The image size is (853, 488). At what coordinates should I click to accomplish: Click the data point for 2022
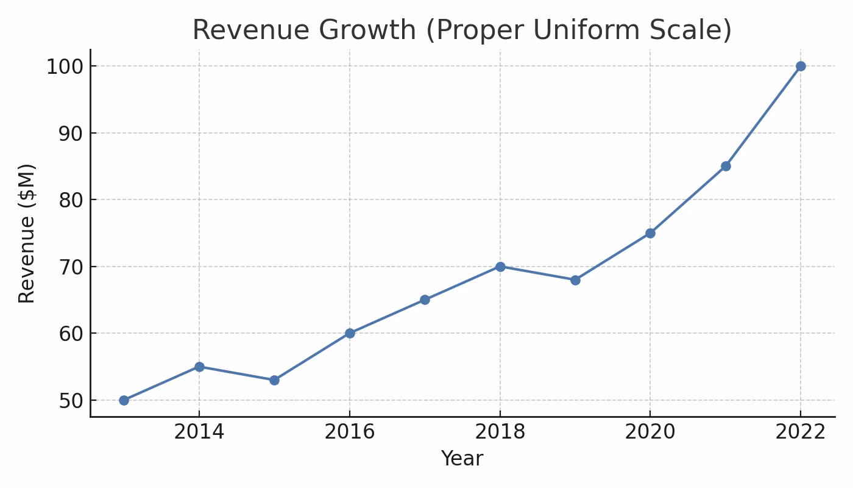(x=801, y=66)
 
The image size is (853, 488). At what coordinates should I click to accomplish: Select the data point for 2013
(x=124, y=400)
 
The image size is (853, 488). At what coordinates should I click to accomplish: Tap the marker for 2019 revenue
(x=575, y=280)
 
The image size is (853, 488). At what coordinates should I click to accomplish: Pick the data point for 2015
(x=274, y=380)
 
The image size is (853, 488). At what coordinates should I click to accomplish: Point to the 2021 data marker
(x=726, y=166)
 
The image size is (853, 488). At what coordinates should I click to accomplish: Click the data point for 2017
(x=425, y=300)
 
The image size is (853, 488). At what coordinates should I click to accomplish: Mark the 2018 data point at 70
(x=500, y=267)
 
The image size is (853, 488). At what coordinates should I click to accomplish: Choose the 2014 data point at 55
(x=199, y=367)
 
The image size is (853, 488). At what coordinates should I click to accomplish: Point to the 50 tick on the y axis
(x=71, y=401)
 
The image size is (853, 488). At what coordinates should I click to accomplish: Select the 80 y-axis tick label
(x=71, y=200)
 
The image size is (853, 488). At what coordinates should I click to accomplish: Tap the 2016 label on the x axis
(x=349, y=432)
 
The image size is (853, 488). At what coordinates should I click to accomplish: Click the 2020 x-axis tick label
(x=650, y=432)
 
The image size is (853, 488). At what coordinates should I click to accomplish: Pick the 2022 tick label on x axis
(x=801, y=432)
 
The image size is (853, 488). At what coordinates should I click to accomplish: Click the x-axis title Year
(x=462, y=459)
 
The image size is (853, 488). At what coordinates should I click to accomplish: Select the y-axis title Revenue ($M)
(x=27, y=233)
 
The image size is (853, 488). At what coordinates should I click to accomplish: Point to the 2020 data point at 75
(x=650, y=233)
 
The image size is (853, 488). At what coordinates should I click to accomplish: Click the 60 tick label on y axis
(x=71, y=334)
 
